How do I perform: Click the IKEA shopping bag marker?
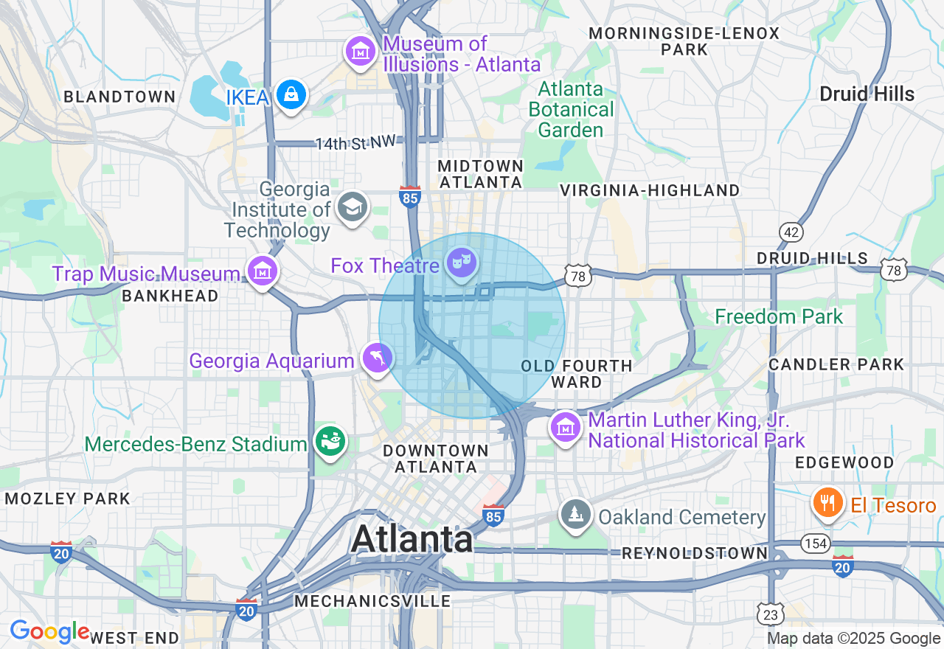pos(291,95)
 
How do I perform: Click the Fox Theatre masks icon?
pos(462,263)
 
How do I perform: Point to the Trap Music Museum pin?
pos(262,271)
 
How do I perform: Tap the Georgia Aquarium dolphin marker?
pos(378,358)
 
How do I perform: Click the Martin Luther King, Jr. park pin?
pos(565,427)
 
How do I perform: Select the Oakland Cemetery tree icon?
pos(575,514)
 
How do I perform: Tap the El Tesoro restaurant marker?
pos(828,503)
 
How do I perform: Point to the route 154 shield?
pos(816,544)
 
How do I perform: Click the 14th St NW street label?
pos(355,143)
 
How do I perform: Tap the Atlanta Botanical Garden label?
pos(575,109)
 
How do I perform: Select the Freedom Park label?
pos(779,317)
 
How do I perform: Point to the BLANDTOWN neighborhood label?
pos(119,97)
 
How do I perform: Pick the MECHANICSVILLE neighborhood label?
pos(372,601)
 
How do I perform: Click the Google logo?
pos(49,632)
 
